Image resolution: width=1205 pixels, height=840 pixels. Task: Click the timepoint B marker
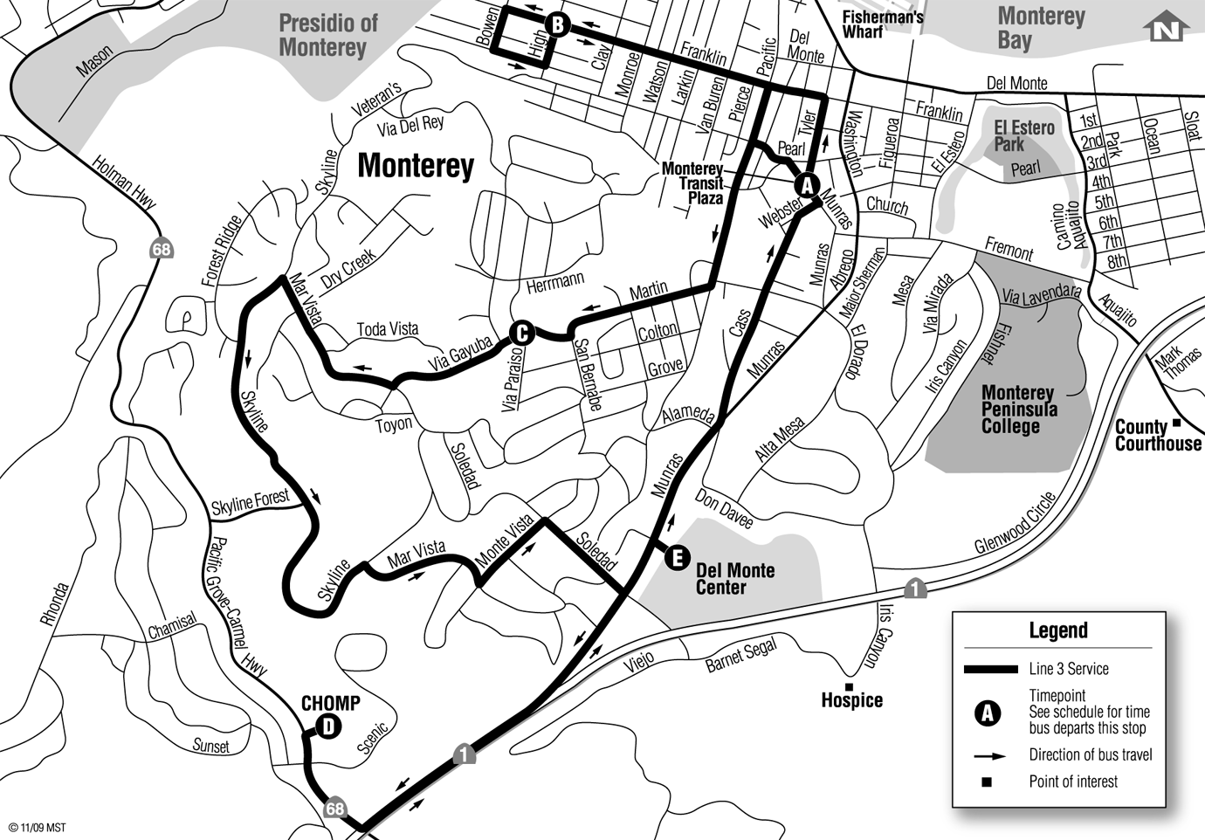[556, 24]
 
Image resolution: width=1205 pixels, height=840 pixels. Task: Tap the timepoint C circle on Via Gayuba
[520, 332]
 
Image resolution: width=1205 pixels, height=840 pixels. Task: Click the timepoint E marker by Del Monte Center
[678, 558]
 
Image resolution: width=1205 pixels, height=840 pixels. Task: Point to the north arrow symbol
[1166, 28]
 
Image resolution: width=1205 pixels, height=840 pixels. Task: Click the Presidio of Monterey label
[327, 35]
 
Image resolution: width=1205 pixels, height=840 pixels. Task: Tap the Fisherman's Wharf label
[882, 24]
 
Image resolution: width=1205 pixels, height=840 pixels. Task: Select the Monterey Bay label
[1041, 28]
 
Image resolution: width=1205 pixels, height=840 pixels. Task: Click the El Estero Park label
[1023, 136]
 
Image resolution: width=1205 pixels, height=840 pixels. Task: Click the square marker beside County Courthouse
[1177, 423]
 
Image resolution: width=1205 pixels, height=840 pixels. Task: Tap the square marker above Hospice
[848, 687]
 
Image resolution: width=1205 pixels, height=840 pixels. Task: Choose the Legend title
[1058, 630]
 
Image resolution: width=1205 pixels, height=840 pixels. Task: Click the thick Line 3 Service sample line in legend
[990, 670]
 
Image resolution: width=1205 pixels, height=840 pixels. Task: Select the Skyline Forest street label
[251, 503]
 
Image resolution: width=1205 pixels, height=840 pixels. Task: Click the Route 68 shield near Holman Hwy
[161, 250]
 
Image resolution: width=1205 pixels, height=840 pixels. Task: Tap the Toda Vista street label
[388, 329]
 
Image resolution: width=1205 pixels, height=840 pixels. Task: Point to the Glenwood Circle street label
[1016, 523]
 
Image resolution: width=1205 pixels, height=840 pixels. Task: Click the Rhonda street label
[54, 604]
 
